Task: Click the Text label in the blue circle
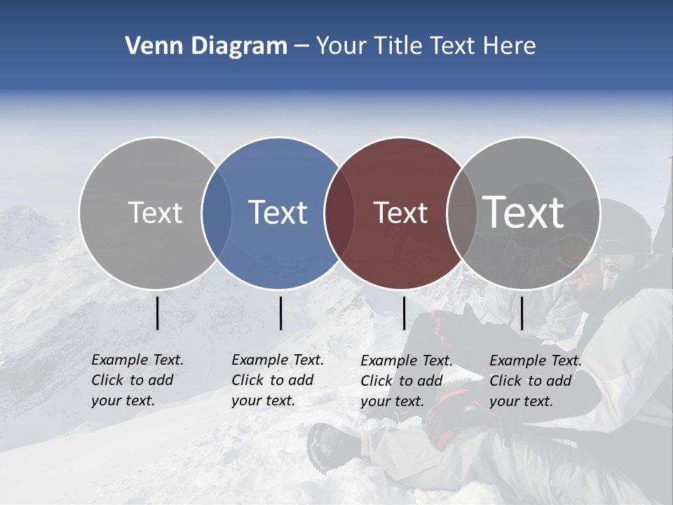(278, 213)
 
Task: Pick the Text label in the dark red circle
(400, 213)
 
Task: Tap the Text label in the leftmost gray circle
(155, 213)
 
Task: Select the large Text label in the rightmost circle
(524, 212)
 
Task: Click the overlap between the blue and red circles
(339, 213)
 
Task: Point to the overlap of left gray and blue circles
(217, 213)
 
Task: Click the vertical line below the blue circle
(280, 313)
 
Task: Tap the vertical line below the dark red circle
(404, 313)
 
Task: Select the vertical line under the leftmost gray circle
(157, 313)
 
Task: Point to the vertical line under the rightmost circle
(522, 313)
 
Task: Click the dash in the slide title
(301, 46)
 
